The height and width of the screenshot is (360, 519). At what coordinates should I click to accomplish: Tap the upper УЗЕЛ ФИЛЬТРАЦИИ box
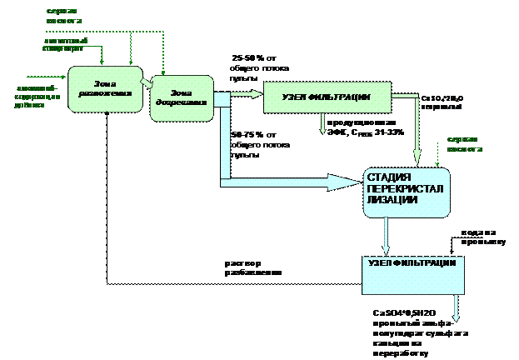[x=327, y=97]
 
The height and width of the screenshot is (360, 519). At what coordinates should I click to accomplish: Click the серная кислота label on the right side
[x=463, y=144]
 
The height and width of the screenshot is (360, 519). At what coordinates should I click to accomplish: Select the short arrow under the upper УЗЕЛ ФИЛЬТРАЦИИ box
[x=323, y=124]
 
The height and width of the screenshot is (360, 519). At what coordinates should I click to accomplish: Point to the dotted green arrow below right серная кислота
[x=438, y=154]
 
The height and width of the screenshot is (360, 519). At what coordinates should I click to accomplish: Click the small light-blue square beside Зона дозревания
[x=222, y=100]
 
